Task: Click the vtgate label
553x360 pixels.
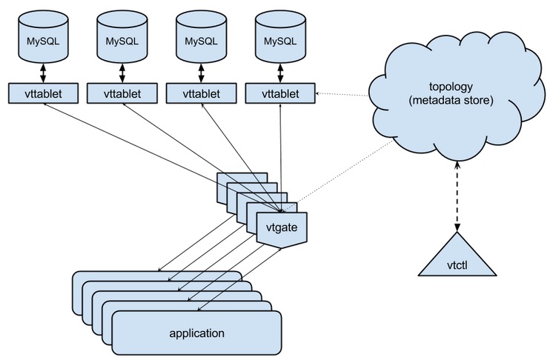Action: [282, 227]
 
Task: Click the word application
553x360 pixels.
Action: [197, 332]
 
